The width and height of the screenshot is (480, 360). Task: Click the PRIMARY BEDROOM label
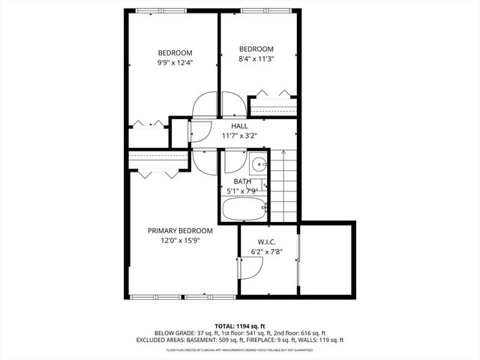click(180, 230)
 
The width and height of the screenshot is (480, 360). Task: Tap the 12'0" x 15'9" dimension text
click(180, 241)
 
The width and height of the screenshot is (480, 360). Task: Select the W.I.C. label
click(268, 241)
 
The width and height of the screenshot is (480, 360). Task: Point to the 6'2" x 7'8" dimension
click(268, 252)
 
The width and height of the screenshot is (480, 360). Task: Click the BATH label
click(242, 181)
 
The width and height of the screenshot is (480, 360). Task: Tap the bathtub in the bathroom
click(245, 208)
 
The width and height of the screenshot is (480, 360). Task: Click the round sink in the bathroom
click(256, 164)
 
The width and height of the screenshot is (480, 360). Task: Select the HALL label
click(239, 126)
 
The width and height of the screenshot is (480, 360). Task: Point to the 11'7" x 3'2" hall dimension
click(239, 136)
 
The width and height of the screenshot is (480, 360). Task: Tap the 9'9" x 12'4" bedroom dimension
click(174, 62)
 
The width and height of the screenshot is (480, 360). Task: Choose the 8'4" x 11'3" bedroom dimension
click(256, 58)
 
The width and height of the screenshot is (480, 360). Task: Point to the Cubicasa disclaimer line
click(240, 349)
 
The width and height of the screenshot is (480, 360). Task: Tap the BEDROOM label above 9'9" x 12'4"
click(174, 52)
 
